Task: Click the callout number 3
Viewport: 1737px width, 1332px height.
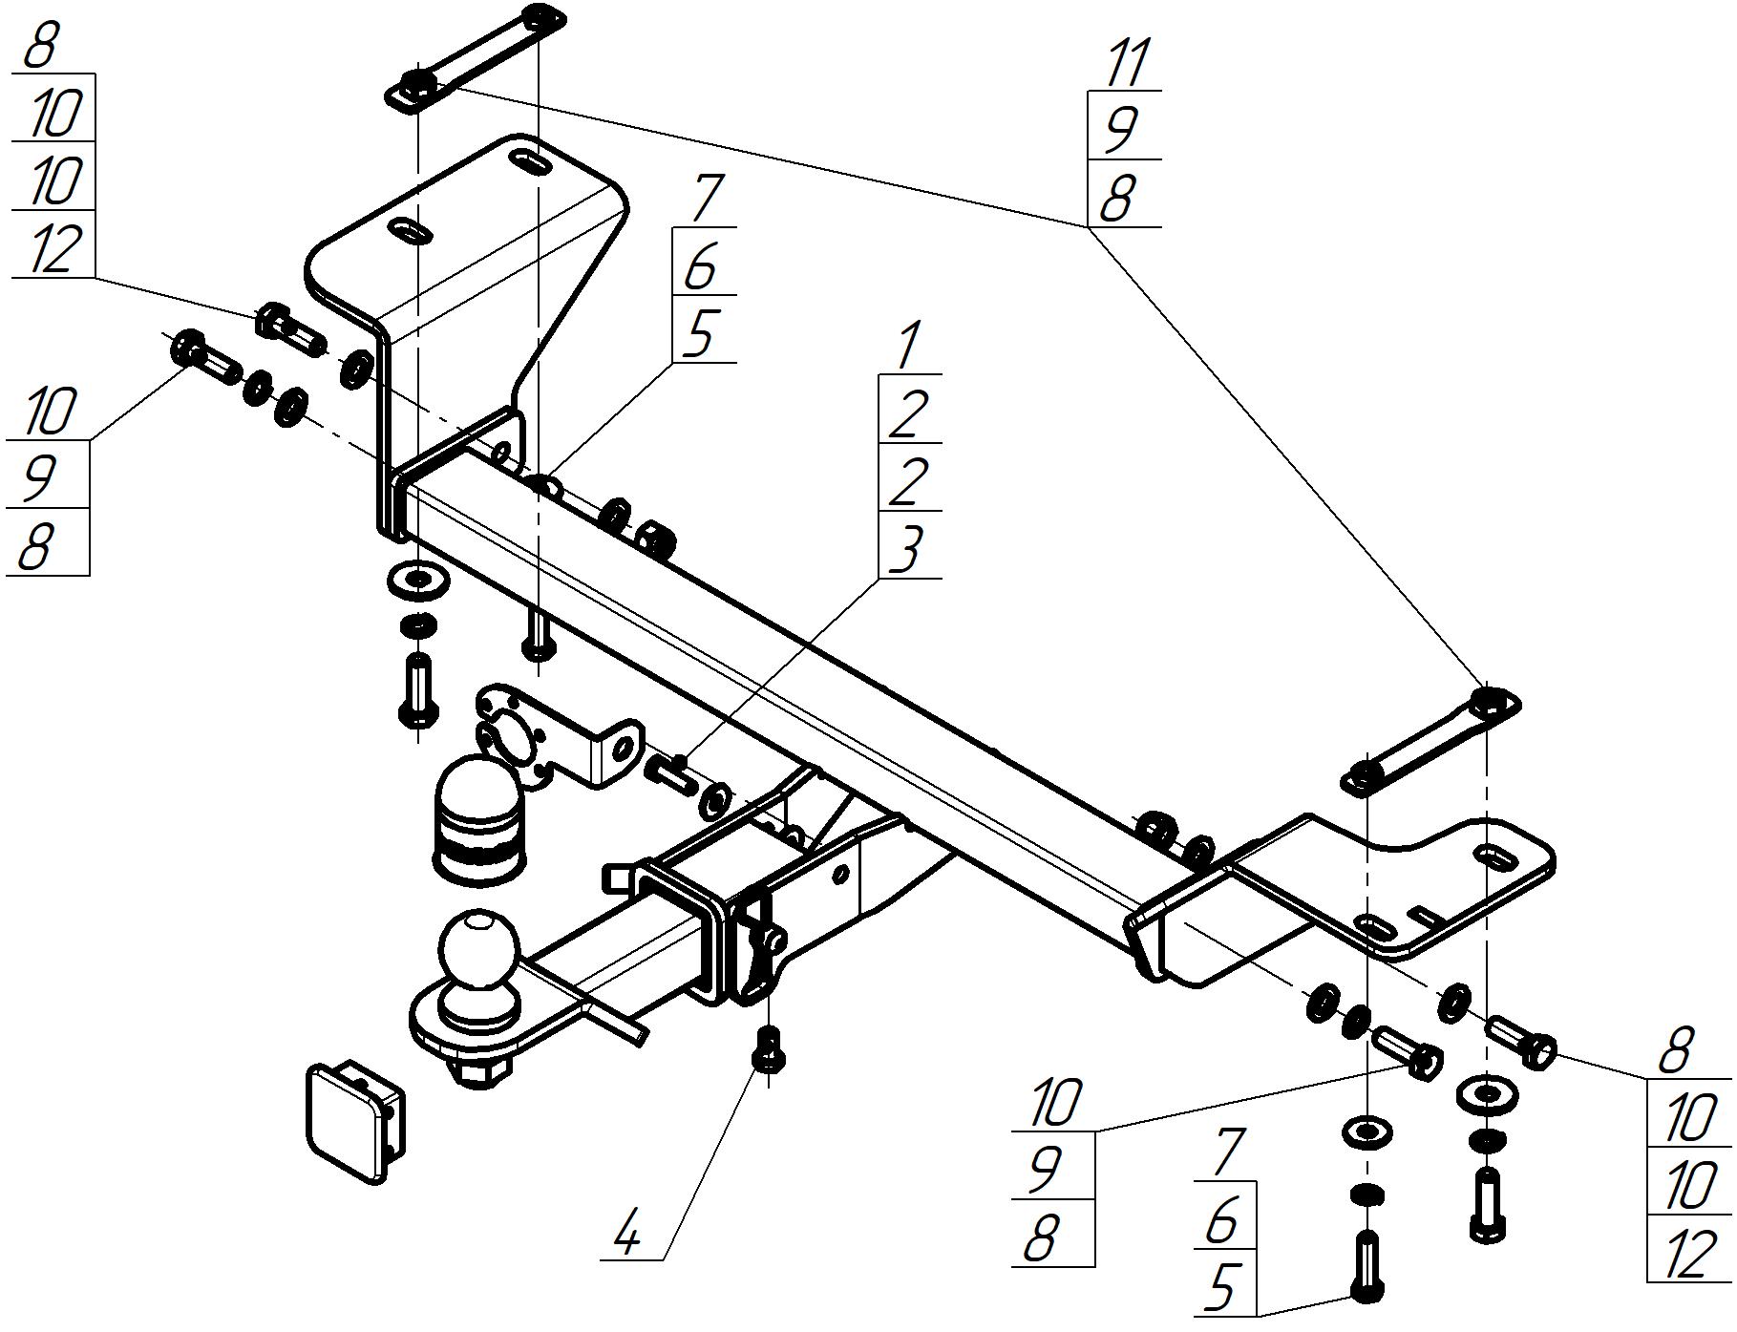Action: tap(907, 552)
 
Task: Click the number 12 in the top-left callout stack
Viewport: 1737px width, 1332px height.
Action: tap(54, 248)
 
